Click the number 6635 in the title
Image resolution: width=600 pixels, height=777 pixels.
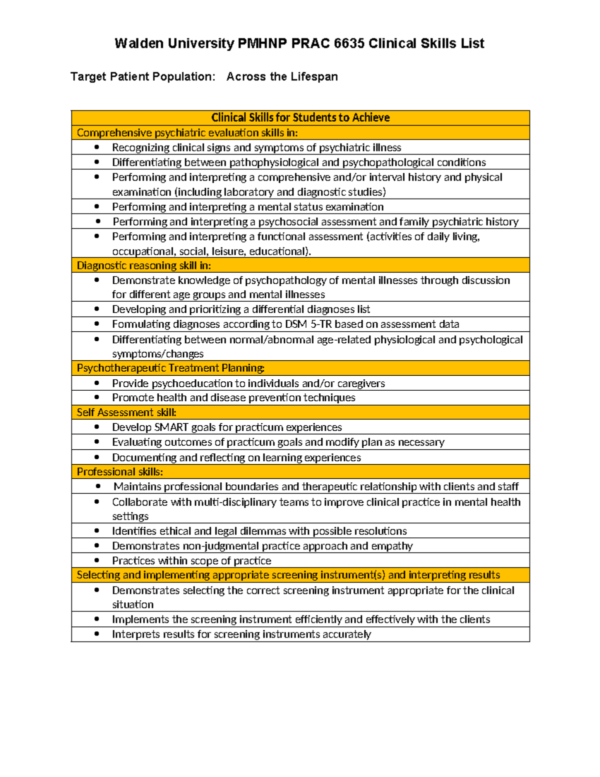(348, 44)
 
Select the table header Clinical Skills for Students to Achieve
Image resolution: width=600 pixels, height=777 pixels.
(300, 118)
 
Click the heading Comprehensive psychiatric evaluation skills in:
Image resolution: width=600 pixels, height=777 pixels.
(187, 133)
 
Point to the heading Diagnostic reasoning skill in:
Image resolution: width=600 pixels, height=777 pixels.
(143, 265)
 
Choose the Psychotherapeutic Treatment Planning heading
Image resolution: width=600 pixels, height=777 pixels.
(170, 368)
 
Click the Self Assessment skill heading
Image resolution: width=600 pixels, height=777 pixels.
(126, 412)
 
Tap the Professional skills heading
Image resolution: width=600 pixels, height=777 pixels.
(119, 472)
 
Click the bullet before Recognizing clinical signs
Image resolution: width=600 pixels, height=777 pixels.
(96, 147)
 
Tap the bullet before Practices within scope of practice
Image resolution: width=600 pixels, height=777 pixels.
(96, 560)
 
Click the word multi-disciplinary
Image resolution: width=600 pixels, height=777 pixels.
(235, 502)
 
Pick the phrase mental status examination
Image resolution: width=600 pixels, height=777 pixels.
(320, 207)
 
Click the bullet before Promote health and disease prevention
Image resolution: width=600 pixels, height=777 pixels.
(96, 397)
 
